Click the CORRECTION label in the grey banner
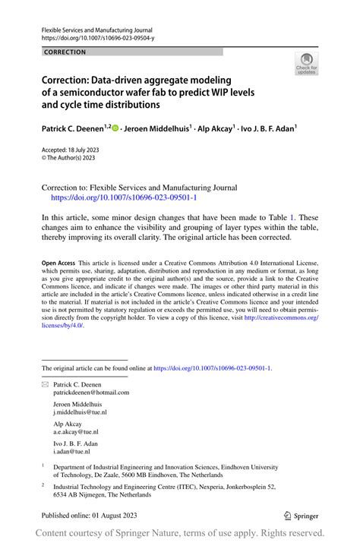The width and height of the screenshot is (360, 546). pos(65,52)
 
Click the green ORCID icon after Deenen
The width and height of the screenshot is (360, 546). pos(115,129)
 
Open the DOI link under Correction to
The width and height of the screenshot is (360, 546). pos(124,197)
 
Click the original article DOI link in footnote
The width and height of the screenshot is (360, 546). pos(212,368)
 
